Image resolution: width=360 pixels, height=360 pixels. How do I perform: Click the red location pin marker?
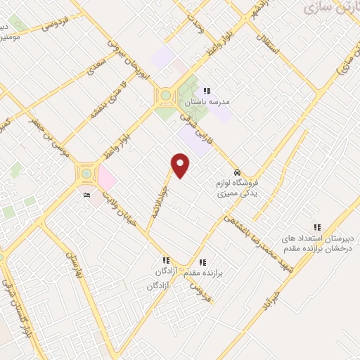tap(181, 166)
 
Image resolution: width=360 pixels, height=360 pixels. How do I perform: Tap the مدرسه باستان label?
tap(212, 102)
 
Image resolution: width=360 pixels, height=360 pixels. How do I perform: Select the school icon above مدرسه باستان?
tap(207, 90)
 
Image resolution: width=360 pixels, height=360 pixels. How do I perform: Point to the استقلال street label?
tap(269, 44)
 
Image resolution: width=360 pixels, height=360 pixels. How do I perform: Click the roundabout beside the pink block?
tap(86, 172)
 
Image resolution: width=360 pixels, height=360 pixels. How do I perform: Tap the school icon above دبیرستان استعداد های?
tap(317, 227)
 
